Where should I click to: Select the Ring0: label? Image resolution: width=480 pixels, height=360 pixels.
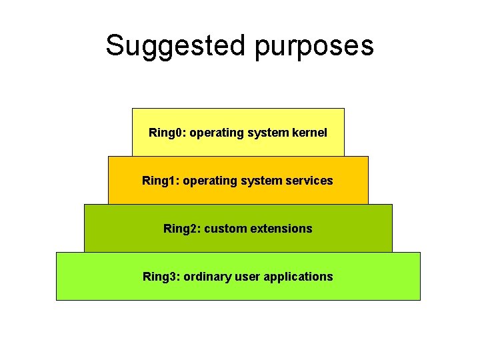(x=167, y=133)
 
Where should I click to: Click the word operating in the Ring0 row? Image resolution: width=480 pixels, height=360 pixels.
(x=217, y=133)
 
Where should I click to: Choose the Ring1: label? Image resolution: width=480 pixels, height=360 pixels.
(x=161, y=181)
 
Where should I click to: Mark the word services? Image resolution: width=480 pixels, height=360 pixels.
(x=309, y=181)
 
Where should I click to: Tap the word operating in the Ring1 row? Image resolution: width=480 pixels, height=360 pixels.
(x=210, y=181)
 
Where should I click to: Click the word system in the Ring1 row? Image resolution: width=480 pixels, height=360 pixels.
(x=261, y=181)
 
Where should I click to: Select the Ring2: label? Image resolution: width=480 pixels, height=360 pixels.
(x=182, y=229)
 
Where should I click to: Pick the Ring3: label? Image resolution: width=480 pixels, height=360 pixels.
(x=161, y=277)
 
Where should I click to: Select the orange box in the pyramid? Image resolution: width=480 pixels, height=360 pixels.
(x=238, y=195)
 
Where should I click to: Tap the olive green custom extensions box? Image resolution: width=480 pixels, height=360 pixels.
(x=238, y=242)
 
